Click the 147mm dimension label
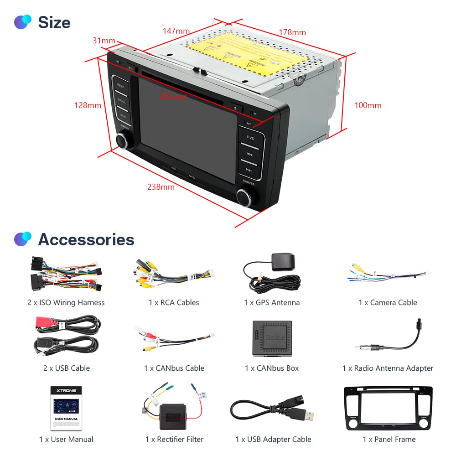pos(176,31)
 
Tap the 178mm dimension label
pos(292,32)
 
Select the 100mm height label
pos(368,105)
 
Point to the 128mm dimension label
pos(88,105)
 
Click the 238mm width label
pos(161,187)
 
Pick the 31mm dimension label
pos(104,41)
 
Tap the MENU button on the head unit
pos(120,85)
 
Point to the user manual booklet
pos(66,408)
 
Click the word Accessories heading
pos(86,239)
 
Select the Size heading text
pos(54,22)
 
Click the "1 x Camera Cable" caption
pos(388,302)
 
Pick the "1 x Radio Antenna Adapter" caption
pos(388,368)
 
